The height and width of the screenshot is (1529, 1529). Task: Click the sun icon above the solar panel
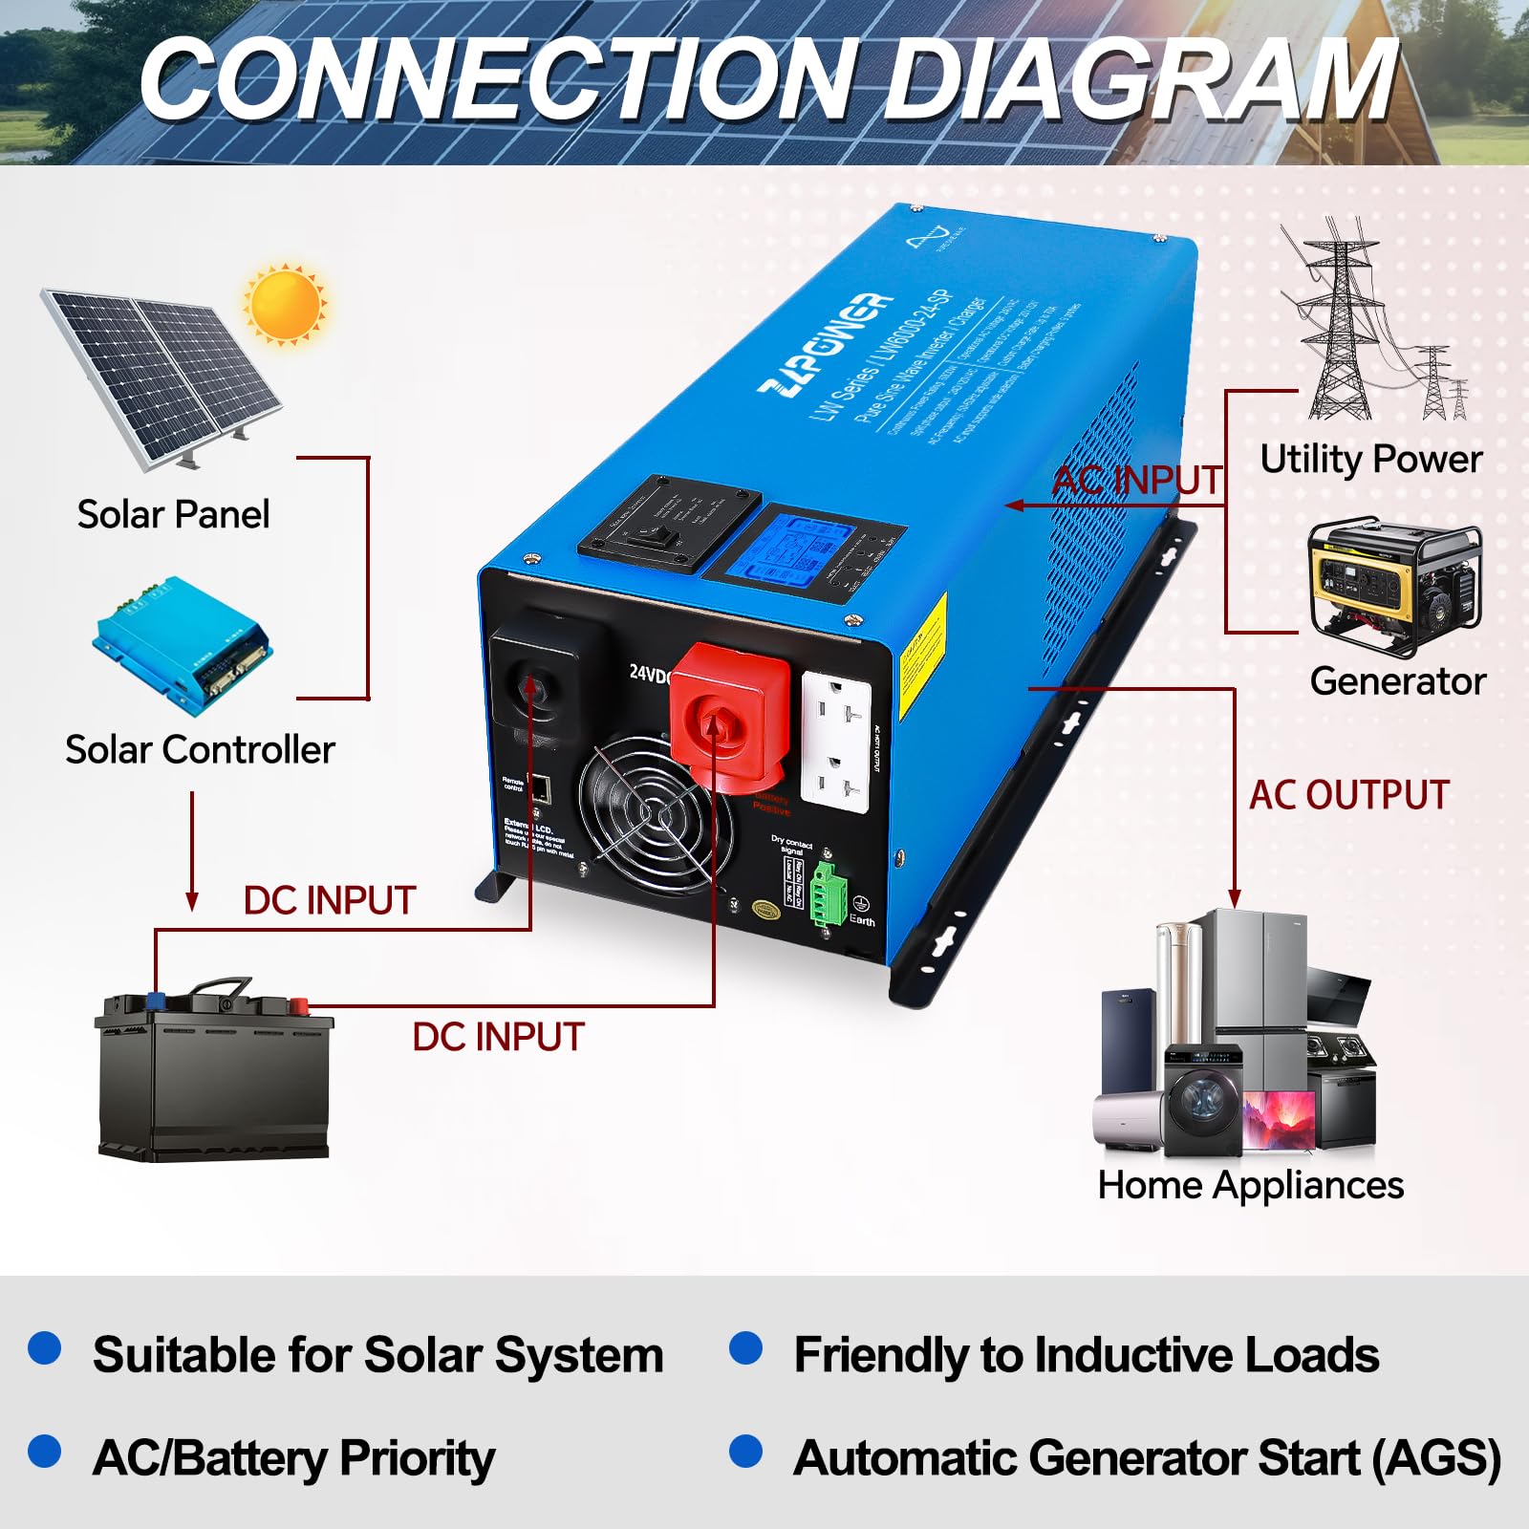[285, 305]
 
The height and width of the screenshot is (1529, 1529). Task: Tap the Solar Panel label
[173, 514]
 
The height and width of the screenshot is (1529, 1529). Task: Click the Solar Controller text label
[200, 750]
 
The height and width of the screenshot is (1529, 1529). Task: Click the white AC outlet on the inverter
[835, 741]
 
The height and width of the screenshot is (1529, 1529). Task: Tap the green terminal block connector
[828, 893]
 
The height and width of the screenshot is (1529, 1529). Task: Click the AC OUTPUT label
[1349, 795]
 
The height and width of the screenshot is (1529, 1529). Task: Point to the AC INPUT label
[1137, 481]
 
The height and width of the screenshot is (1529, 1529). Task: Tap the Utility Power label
[1370, 460]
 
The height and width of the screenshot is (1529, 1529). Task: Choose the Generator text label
[1397, 682]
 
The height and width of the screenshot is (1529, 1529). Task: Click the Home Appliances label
[1250, 1186]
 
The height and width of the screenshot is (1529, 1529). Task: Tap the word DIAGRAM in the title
[1142, 79]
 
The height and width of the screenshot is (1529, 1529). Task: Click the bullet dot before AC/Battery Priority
[45, 1451]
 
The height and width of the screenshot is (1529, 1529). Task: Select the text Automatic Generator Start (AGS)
[1147, 1459]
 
